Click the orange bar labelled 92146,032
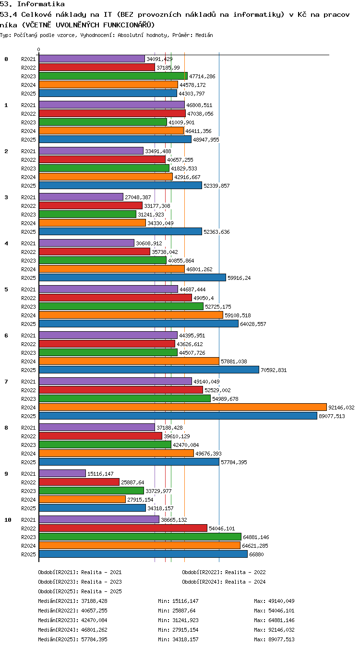click(183, 408)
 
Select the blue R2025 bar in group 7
click(178, 416)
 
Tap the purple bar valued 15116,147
click(62, 474)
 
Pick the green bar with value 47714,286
click(113, 76)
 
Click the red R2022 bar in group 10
click(123, 528)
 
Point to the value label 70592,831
click(274, 370)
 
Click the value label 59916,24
click(239, 278)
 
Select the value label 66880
click(256, 554)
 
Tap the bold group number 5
click(6, 289)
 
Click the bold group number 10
click(8, 520)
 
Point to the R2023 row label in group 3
click(28, 215)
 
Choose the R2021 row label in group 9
click(28, 474)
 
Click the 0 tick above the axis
click(39, 50)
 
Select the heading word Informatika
click(41, 4)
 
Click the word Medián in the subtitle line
click(204, 36)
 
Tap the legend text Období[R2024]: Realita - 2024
click(224, 582)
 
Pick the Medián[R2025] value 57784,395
click(94, 639)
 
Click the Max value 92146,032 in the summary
click(281, 630)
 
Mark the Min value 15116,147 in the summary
click(185, 601)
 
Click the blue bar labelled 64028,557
click(139, 324)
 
